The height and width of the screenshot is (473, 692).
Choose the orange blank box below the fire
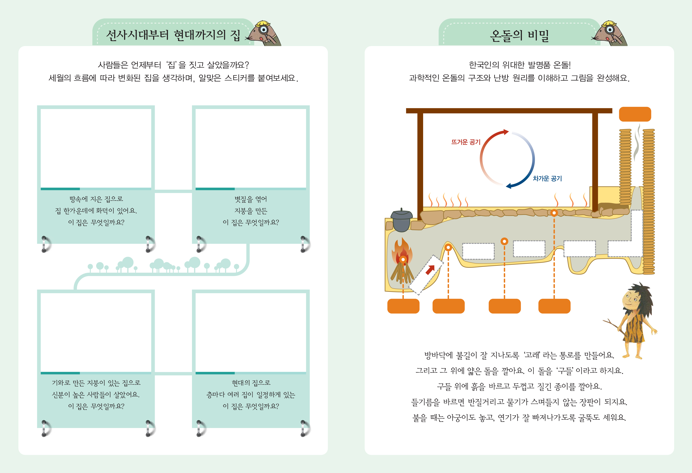point(403,306)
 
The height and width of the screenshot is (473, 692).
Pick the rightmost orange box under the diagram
point(554,306)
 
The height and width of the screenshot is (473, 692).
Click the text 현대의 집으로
point(251,383)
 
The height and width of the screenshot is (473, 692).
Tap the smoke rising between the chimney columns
point(637,143)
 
